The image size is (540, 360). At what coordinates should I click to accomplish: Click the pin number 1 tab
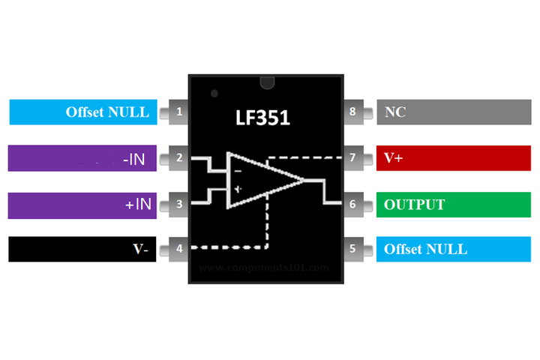click(x=178, y=112)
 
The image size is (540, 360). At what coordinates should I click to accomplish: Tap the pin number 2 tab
click(x=178, y=158)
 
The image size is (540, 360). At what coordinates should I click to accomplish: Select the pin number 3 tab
click(x=178, y=204)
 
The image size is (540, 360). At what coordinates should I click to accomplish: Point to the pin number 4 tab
click(x=178, y=249)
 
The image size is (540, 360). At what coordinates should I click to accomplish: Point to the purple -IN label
click(x=82, y=158)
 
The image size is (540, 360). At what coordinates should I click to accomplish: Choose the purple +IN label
click(x=82, y=204)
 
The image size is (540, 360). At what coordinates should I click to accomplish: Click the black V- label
click(x=82, y=249)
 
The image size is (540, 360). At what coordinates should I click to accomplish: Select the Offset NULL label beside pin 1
click(x=82, y=112)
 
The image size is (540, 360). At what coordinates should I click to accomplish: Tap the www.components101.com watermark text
click(x=265, y=267)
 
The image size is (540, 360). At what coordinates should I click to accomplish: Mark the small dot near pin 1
click(x=214, y=94)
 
